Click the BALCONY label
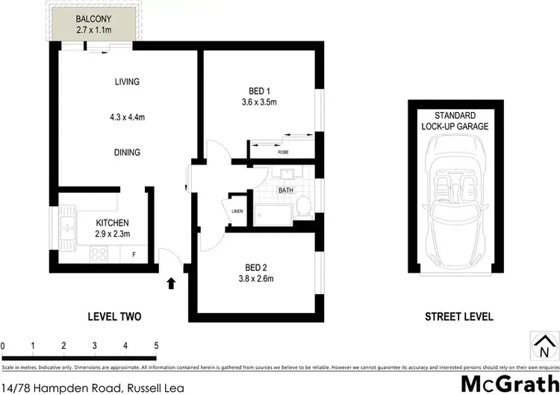pos(93,19)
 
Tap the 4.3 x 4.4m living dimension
pos(127,116)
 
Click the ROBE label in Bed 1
pos(283,152)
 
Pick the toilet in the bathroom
pos(304,207)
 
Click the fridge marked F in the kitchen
pos(134,255)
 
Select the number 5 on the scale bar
pos(155,346)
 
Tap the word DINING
pos(127,152)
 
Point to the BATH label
pos(286,190)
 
